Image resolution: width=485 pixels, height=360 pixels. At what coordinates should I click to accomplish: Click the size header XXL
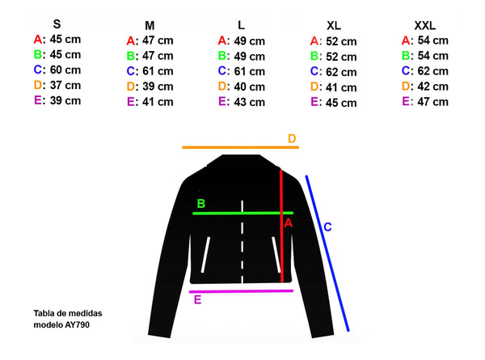pyautogui.click(x=425, y=25)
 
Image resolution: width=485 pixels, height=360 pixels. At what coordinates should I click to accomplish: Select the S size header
pyautogui.click(x=57, y=23)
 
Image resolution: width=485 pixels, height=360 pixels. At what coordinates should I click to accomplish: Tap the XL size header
pyautogui.click(x=333, y=26)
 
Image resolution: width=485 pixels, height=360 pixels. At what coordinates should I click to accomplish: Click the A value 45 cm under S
pyautogui.click(x=64, y=39)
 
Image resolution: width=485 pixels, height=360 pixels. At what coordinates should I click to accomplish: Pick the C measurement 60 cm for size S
pyautogui.click(x=64, y=70)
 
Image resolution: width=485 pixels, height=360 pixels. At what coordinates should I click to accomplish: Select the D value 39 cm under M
pyautogui.click(x=156, y=87)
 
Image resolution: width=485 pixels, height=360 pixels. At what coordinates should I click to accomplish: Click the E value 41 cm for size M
pyautogui.click(x=156, y=102)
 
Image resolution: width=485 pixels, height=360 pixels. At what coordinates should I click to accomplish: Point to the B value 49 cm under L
pyautogui.click(x=247, y=56)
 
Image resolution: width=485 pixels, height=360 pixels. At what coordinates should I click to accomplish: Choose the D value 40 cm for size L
pyautogui.click(x=247, y=87)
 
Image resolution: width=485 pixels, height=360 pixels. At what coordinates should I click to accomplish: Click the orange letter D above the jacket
pyautogui.click(x=293, y=138)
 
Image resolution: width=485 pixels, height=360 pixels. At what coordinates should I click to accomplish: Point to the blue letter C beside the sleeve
pyautogui.click(x=327, y=227)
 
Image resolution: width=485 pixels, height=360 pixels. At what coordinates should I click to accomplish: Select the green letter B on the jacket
pyautogui.click(x=201, y=203)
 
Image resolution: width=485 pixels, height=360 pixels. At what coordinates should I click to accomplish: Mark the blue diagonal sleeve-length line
pyautogui.click(x=327, y=252)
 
